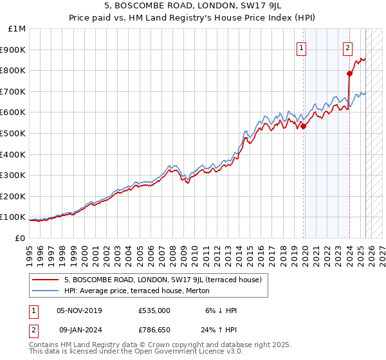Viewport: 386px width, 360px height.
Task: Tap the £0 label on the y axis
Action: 20,238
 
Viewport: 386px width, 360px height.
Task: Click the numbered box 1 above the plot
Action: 302,46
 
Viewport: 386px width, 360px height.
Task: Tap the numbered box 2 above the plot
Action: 347,46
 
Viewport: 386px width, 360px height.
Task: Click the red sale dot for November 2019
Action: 304,126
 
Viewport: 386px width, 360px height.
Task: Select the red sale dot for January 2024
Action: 349,73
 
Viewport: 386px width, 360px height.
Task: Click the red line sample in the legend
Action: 46,280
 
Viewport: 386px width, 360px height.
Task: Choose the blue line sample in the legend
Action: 46,291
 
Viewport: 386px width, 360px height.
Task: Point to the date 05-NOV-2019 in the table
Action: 79,310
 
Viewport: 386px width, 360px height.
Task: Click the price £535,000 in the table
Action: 154,310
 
